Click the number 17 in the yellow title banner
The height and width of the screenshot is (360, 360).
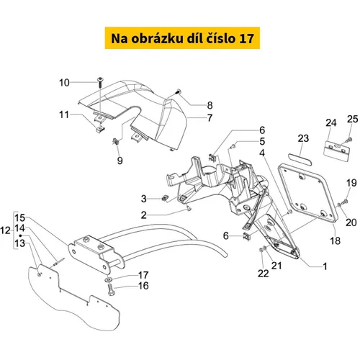(246, 38)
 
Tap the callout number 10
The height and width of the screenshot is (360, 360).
(64, 83)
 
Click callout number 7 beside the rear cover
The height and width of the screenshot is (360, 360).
(210, 118)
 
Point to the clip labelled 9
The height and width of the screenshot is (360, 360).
(116, 141)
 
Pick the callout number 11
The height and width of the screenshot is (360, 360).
(64, 114)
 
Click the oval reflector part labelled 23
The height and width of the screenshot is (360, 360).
(300, 159)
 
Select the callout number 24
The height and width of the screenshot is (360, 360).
(331, 122)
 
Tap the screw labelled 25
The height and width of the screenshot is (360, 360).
(349, 139)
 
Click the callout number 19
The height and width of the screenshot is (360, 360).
(351, 183)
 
